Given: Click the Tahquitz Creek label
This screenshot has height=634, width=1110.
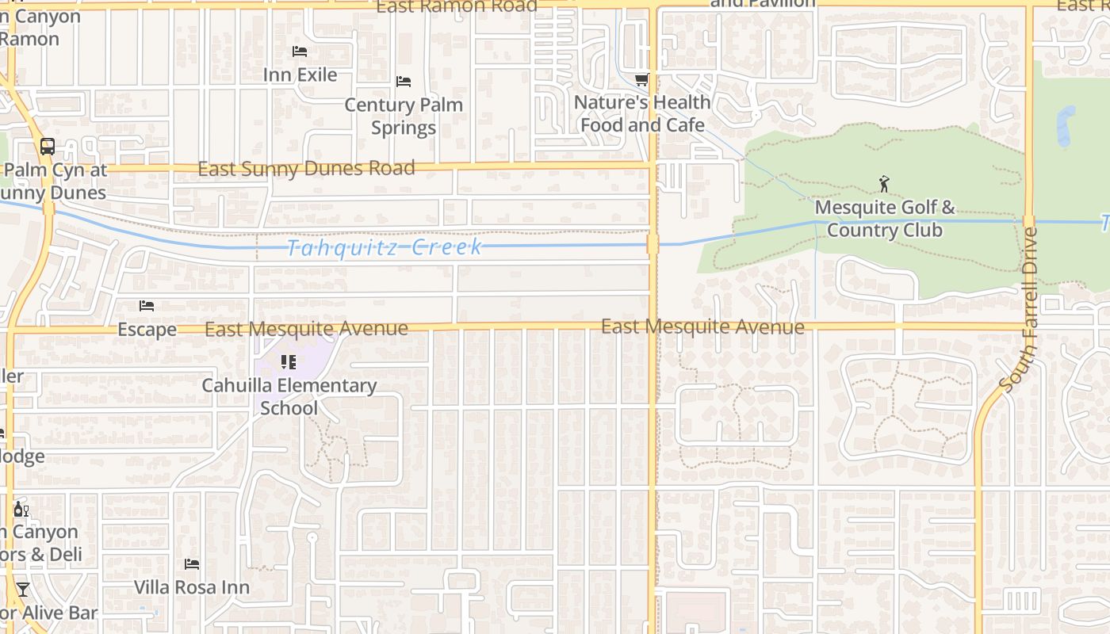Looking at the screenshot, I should [x=385, y=247].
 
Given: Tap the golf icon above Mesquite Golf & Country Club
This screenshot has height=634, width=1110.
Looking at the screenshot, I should [x=884, y=184].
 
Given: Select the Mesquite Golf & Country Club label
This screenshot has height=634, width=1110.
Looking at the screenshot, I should [x=885, y=219].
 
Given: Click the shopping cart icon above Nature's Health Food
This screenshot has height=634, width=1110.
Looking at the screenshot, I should [x=641, y=79].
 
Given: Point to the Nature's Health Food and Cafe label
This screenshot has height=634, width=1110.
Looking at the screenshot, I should [x=642, y=113].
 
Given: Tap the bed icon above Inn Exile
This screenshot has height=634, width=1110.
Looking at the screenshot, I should [x=300, y=52].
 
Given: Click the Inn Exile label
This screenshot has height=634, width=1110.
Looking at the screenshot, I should [x=300, y=74].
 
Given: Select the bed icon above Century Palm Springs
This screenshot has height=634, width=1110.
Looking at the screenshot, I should [x=403, y=81].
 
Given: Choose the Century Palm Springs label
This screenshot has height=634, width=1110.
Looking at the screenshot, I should [x=403, y=116].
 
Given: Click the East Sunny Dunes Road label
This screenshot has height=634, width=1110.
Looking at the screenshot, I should [x=306, y=169].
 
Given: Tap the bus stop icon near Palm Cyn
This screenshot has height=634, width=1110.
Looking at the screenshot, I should [x=48, y=147].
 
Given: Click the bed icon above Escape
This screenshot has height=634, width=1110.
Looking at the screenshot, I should [x=147, y=306].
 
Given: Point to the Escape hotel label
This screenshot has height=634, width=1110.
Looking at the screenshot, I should [x=147, y=329].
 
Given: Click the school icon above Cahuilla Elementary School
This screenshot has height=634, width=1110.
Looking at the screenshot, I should [x=289, y=362].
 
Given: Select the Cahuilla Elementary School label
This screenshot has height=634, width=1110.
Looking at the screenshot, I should [x=289, y=396].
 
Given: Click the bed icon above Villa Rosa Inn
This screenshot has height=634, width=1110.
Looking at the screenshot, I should [x=192, y=564].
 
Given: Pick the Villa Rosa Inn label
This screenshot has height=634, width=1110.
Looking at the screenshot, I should [x=192, y=587].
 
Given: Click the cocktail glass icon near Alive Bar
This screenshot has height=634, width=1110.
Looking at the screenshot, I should [x=22, y=590].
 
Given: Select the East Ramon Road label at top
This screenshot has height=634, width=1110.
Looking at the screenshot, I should [x=456, y=7].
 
